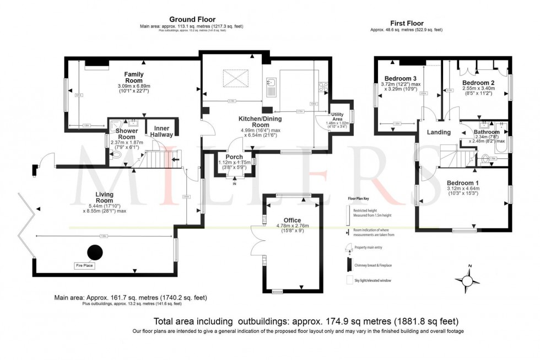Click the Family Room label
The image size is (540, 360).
(x=134, y=74)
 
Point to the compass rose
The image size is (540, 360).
(x=469, y=281)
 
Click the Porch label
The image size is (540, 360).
(x=234, y=157)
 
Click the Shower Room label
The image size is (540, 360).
(x=127, y=137)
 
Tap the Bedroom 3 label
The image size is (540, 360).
(x=400, y=78)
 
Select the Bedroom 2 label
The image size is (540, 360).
(x=478, y=82)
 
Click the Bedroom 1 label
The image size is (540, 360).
(x=463, y=183)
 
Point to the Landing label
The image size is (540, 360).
(x=439, y=132)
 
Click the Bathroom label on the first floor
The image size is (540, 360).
(x=487, y=132)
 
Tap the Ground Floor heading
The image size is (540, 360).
(x=192, y=19)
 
